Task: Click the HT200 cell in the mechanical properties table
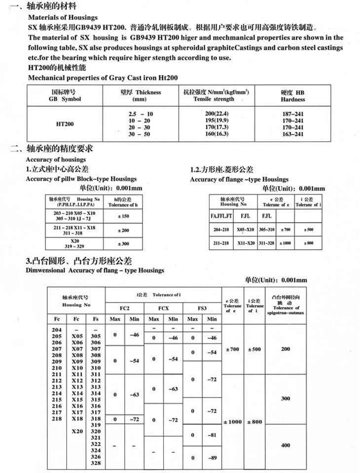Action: coord(66,124)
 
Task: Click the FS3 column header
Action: coord(202,308)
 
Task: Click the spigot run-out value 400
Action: coord(286,445)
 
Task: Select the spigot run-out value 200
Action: coord(286,349)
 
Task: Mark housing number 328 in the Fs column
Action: coord(96,463)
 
